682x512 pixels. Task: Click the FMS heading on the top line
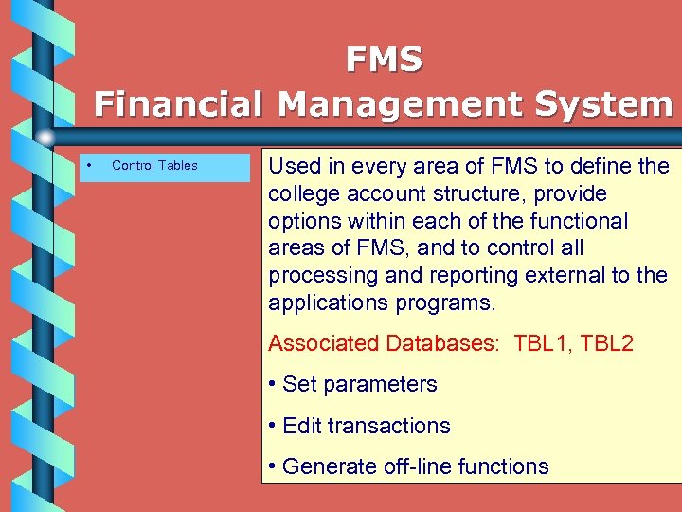click(x=384, y=60)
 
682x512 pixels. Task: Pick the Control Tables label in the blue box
click(x=154, y=166)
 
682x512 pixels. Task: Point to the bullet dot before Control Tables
click(x=87, y=166)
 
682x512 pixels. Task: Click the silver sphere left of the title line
click(x=45, y=137)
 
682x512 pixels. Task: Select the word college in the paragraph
click(x=301, y=193)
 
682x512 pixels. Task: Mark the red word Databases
click(x=442, y=343)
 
